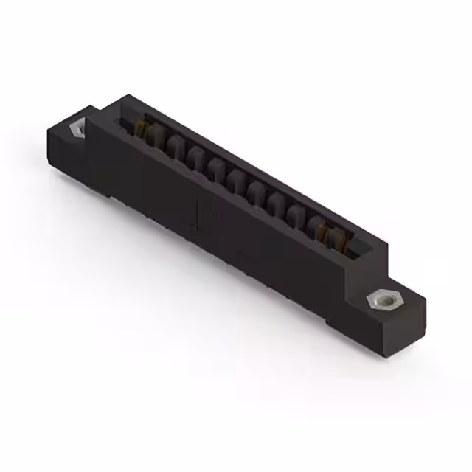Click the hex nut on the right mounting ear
pos(380,300)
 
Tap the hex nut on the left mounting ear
pos(77,128)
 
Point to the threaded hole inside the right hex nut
pos(381,300)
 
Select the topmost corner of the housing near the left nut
pos(127,96)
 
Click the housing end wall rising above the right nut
pos(372,265)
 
